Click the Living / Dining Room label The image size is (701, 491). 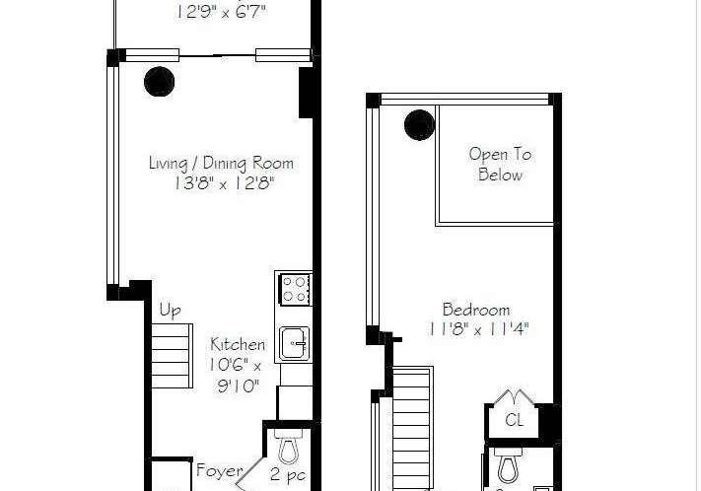[x=221, y=164]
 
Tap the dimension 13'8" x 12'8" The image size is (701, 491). [x=224, y=183]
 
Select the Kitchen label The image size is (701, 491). [x=238, y=345]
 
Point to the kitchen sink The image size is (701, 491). [x=294, y=343]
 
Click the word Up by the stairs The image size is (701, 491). [x=170, y=311]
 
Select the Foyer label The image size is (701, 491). [x=220, y=471]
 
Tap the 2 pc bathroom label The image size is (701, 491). [x=288, y=475]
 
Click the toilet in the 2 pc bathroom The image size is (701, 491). [x=288, y=447]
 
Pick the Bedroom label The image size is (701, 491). [x=475, y=310]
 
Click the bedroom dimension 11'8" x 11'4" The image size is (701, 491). [x=478, y=330]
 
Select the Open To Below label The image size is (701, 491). [x=500, y=165]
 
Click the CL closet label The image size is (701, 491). [x=514, y=420]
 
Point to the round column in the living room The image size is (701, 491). [x=159, y=82]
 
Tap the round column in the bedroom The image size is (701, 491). [x=419, y=125]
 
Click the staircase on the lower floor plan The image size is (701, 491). [x=173, y=356]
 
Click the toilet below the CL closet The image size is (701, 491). [x=509, y=465]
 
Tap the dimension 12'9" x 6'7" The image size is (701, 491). [x=221, y=12]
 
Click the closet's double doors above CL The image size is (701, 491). [x=514, y=397]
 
